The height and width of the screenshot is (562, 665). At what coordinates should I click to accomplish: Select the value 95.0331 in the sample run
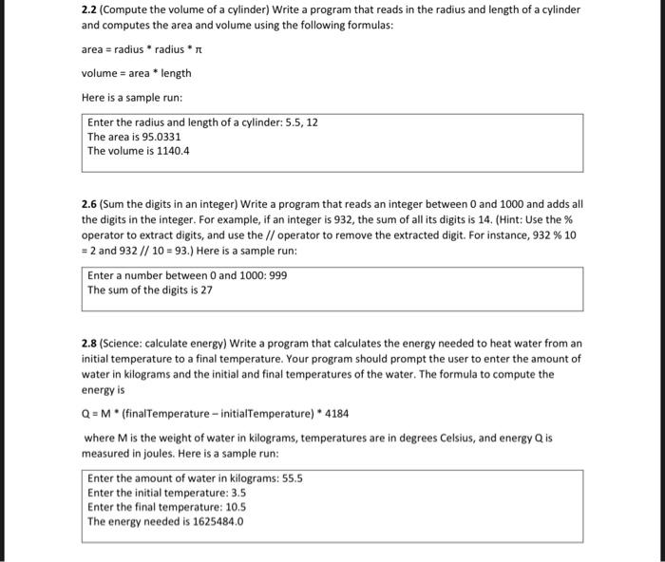[161, 137]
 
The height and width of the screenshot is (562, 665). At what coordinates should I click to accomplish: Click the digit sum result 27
[206, 290]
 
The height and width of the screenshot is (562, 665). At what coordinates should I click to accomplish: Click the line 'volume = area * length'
[137, 73]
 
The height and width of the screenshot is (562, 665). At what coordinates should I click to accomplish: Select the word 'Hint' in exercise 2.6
[494, 219]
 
